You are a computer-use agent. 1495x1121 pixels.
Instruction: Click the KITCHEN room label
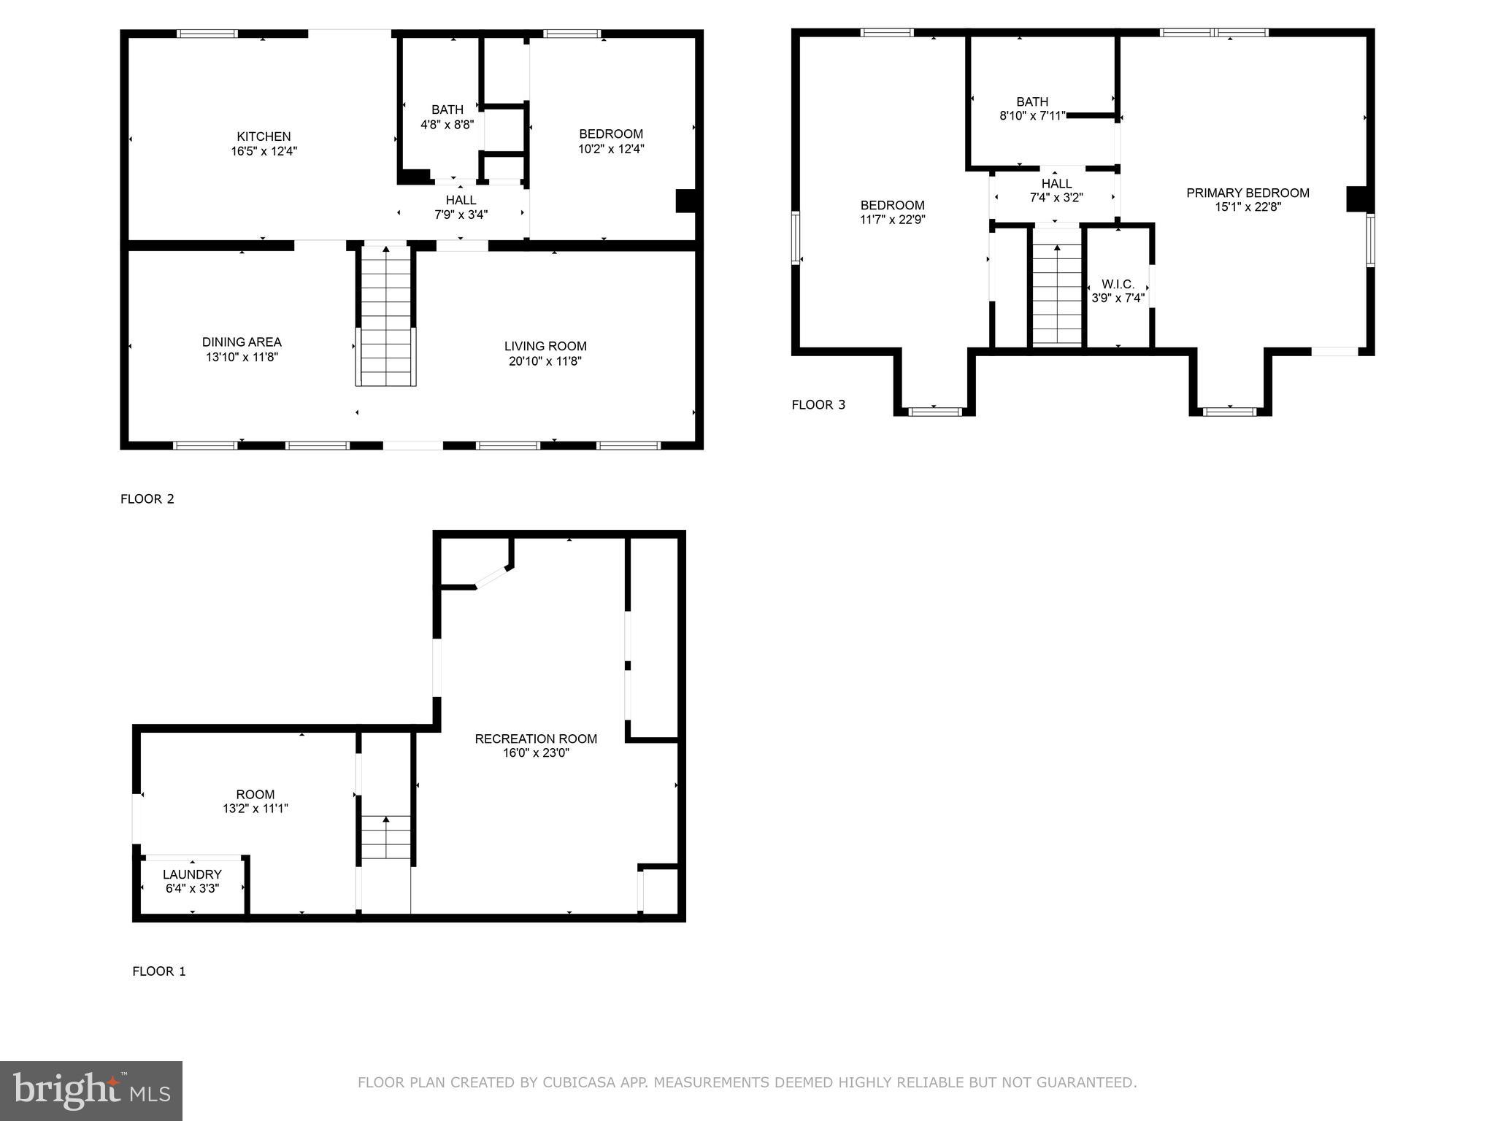(x=264, y=136)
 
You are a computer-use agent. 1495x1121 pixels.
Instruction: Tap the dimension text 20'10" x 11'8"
(x=545, y=361)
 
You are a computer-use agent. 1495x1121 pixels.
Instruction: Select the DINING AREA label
(x=242, y=342)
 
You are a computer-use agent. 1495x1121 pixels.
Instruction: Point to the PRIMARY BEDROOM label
(x=1248, y=193)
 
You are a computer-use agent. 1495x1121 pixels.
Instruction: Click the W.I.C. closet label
(x=1118, y=284)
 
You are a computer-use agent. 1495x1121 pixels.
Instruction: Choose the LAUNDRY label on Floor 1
(x=192, y=874)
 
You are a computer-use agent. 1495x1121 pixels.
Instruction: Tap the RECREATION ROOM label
(x=536, y=739)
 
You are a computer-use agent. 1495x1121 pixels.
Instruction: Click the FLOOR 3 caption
(x=818, y=405)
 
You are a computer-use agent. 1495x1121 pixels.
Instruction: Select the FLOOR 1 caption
(x=159, y=971)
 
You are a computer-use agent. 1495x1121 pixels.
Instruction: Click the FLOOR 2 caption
(x=147, y=499)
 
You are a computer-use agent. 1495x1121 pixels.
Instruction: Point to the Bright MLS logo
(x=91, y=1090)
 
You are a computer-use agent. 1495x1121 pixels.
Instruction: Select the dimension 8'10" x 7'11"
(x=1032, y=116)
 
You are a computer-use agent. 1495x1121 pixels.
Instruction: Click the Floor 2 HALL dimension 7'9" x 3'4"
(x=461, y=215)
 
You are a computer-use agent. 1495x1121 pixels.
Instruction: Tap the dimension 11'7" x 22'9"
(x=892, y=219)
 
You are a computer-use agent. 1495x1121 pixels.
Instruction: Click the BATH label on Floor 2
(x=447, y=109)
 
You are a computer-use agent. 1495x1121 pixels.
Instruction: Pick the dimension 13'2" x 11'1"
(x=255, y=809)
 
